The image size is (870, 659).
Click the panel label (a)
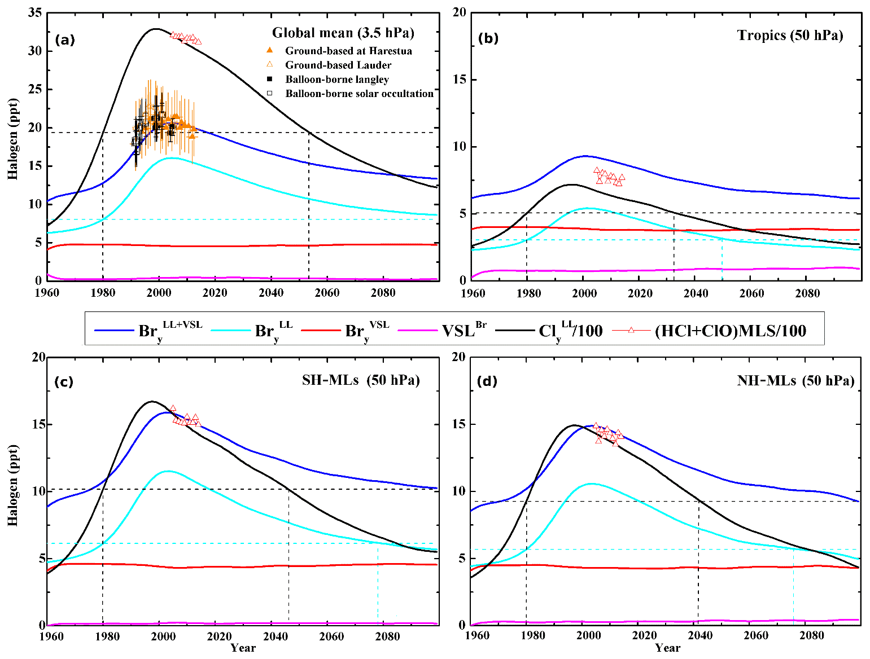pyautogui.click(x=65, y=40)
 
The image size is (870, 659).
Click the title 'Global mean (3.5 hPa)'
pyautogui.click(x=343, y=33)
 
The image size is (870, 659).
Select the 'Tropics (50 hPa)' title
pyautogui.click(x=790, y=36)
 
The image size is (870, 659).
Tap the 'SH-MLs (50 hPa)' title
pyautogui.click(x=361, y=380)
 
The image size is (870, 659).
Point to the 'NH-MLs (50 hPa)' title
pyautogui.click(x=795, y=381)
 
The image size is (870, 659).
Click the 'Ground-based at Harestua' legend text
pyautogui.click(x=348, y=51)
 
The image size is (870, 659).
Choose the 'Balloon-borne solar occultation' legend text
pyautogui.click(x=359, y=94)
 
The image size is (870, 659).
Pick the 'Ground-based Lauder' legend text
pyautogui.click(x=338, y=65)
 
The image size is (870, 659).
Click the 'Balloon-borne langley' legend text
pyautogui.click(x=337, y=80)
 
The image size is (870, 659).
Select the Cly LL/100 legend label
pyautogui.click(x=570, y=330)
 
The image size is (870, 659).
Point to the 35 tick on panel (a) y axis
pyautogui.click(x=35, y=13)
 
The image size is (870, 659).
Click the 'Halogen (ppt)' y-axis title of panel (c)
pyautogui.click(x=13, y=485)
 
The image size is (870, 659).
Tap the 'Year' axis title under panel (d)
pyautogui.click(x=667, y=648)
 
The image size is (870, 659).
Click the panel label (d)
pyautogui.click(x=487, y=381)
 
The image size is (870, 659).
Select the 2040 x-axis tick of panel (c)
pyautogui.click(x=275, y=636)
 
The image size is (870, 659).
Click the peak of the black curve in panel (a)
pyautogui.click(x=156, y=29)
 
